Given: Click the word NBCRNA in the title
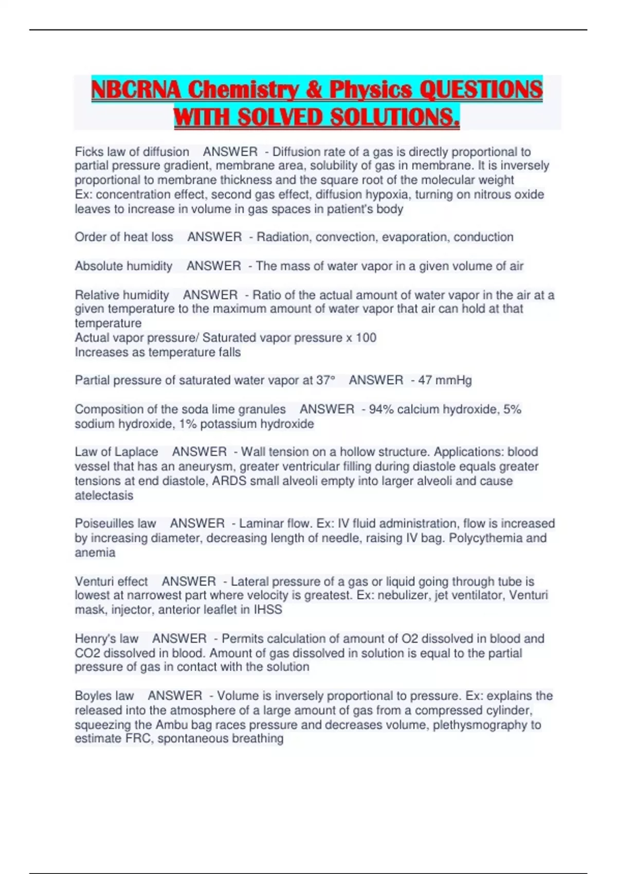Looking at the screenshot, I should (136, 89).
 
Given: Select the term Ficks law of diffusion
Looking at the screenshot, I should (132, 152).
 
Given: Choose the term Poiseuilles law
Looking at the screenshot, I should (116, 523).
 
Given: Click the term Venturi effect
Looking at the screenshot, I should (111, 581).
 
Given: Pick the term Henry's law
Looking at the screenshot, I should (106, 639).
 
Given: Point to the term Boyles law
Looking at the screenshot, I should (104, 696).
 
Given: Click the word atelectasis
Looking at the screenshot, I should (104, 496).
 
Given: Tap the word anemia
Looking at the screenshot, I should (95, 553).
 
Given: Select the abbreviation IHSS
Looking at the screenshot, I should (268, 610).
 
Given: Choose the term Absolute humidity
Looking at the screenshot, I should (123, 266).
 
